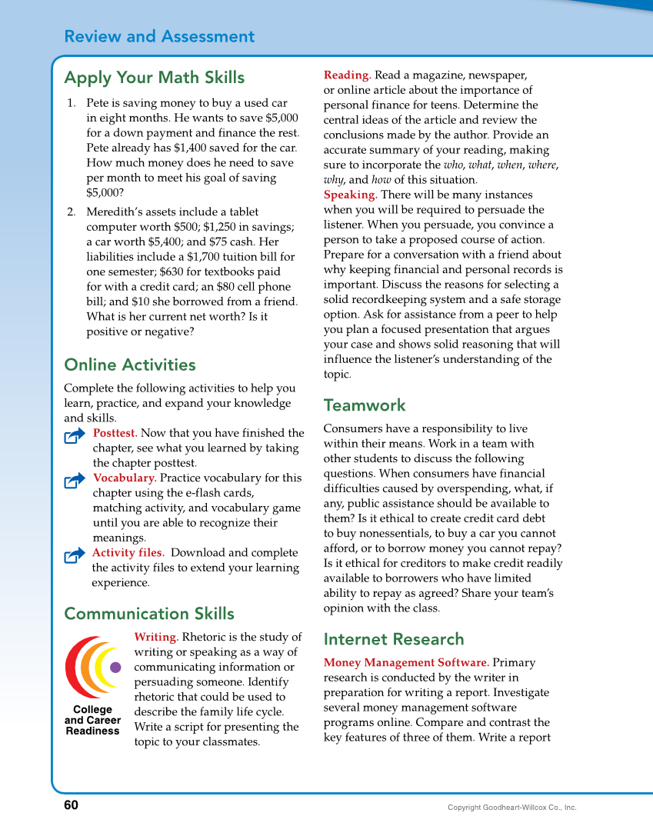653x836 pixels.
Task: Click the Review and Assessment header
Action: click(x=159, y=36)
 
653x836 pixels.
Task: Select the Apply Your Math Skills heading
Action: click(x=154, y=78)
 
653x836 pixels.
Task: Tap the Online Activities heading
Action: click(x=130, y=365)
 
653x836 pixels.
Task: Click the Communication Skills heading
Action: click(x=149, y=614)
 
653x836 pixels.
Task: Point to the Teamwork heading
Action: click(x=364, y=405)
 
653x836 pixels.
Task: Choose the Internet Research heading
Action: click(x=394, y=639)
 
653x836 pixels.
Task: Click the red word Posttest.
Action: click(x=115, y=433)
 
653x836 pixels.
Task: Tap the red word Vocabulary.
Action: click(x=125, y=478)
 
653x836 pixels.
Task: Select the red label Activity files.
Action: click(x=128, y=552)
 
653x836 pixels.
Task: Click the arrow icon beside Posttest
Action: click(x=75, y=436)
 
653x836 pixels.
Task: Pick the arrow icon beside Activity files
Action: click(x=75, y=555)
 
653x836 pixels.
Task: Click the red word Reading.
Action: click(x=347, y=75)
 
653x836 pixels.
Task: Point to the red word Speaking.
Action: click(x=350, y=195)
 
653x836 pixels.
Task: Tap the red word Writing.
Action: click(x=156, y=637)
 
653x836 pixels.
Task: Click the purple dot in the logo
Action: click(x=116, y=667)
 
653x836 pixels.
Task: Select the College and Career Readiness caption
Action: click(x=92, y=721)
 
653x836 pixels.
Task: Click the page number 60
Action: click(x=71, y=805)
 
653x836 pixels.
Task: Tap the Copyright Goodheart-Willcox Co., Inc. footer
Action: click(x=511, y=808)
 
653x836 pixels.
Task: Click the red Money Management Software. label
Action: click(x=406, y=662)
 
